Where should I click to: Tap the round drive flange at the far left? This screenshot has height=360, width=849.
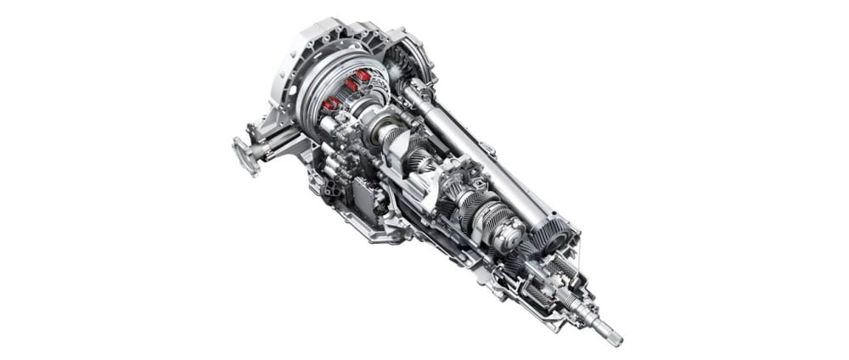coord(244,155)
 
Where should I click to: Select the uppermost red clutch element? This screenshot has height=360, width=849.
coord(363,76)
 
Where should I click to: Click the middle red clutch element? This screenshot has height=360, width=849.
coord(349,85)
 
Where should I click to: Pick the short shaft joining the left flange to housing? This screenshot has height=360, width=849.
coord(270,149)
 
